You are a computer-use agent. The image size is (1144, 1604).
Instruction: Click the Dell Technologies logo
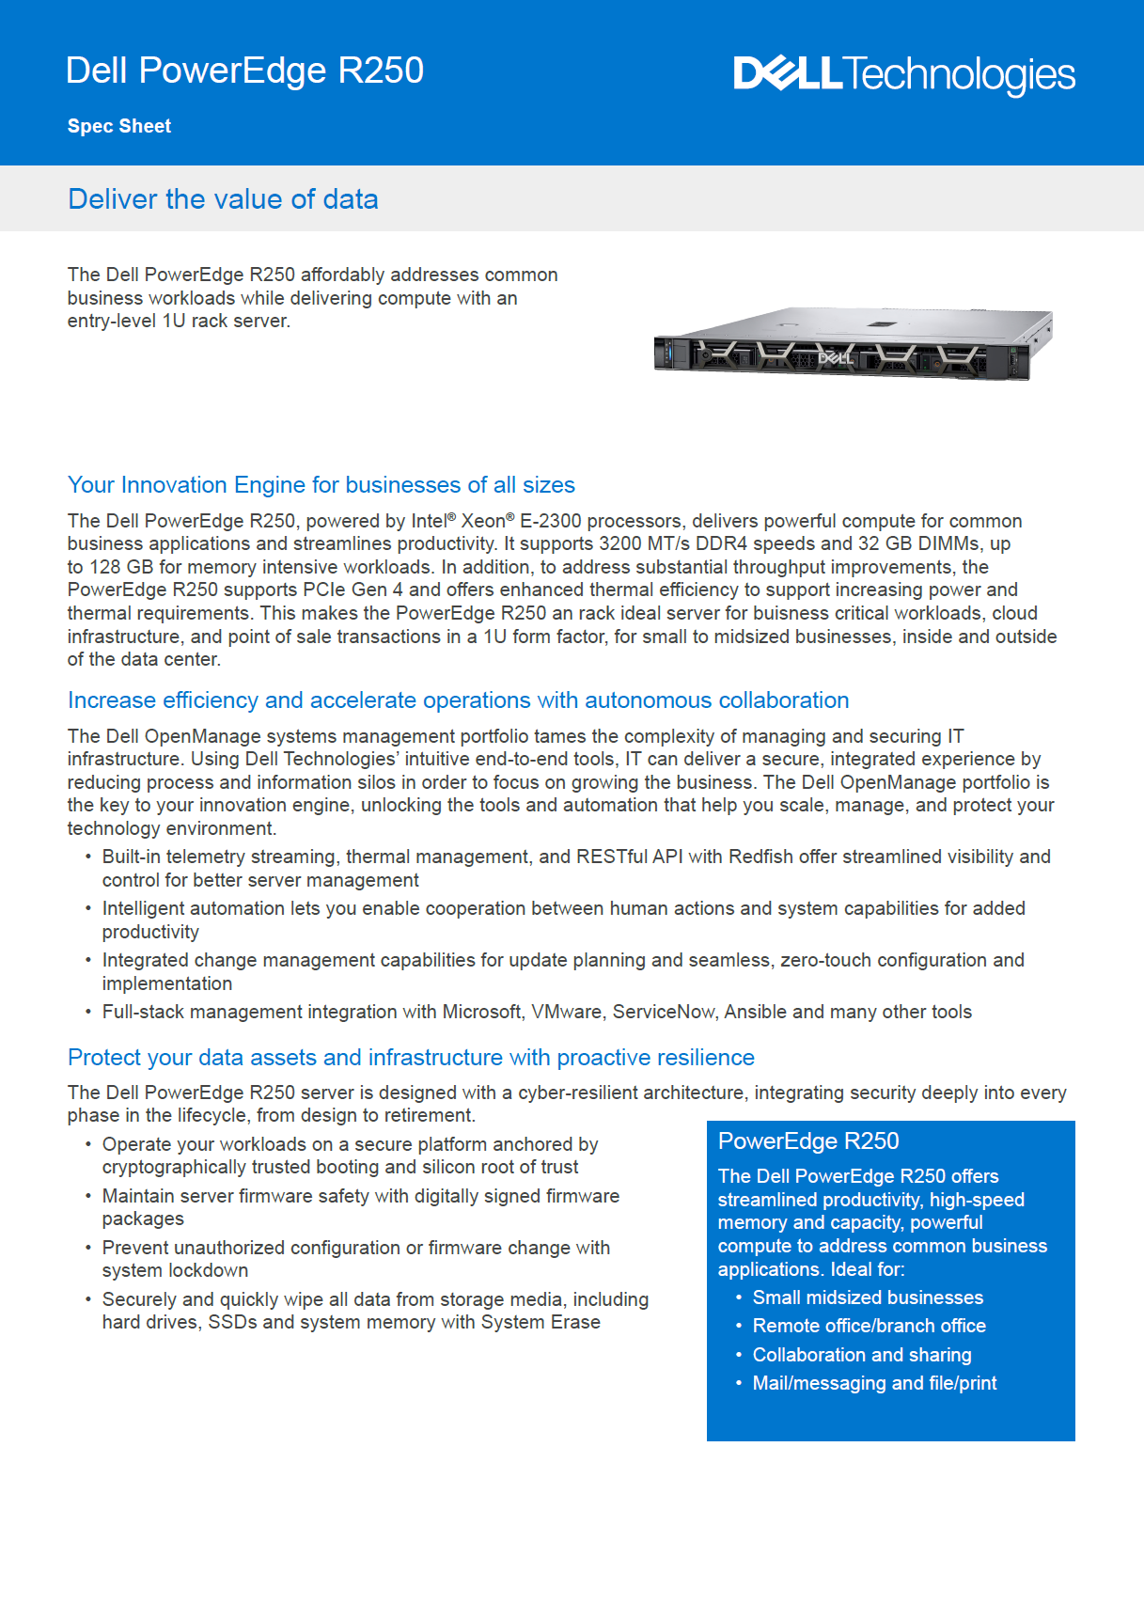pos(903,74)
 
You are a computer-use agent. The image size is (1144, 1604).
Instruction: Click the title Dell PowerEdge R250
pos(244,71)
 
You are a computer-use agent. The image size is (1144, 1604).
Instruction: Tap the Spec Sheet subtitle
pos(119,126)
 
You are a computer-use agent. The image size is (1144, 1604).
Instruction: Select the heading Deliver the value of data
pos(223,199)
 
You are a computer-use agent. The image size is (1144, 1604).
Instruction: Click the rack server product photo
pos(853,344)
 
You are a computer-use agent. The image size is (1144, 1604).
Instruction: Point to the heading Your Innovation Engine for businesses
pos(321,485)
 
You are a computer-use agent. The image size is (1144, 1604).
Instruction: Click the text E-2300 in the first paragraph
pos(550,521)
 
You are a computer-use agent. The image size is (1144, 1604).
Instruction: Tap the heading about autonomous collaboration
pos(458,700)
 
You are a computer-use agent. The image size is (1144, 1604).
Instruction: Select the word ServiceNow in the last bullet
pos(664,1012)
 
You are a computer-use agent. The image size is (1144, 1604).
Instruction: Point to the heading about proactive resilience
pos(411,1058)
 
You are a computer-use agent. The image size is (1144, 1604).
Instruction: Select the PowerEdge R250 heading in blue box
pos(808,1140)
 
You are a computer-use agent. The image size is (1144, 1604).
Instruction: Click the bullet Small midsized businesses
pos(868,1297)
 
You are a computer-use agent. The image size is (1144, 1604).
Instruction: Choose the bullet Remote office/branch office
pos(869,1326)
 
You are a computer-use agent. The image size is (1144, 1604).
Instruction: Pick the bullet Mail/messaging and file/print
pos(874,1383)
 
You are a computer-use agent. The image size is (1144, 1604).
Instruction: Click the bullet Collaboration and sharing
pos(862,1355)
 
